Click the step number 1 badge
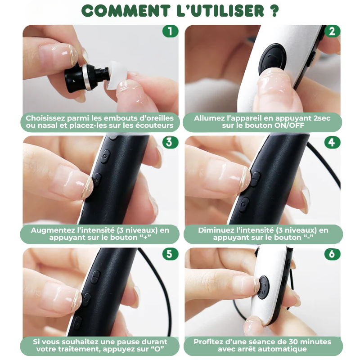click(x=170, y=31)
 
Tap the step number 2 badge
click(x=332, y=31)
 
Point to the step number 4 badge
click(x=332, y=142)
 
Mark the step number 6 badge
click(x=332, y=254)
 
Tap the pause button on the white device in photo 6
click(x=263, y=285)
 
